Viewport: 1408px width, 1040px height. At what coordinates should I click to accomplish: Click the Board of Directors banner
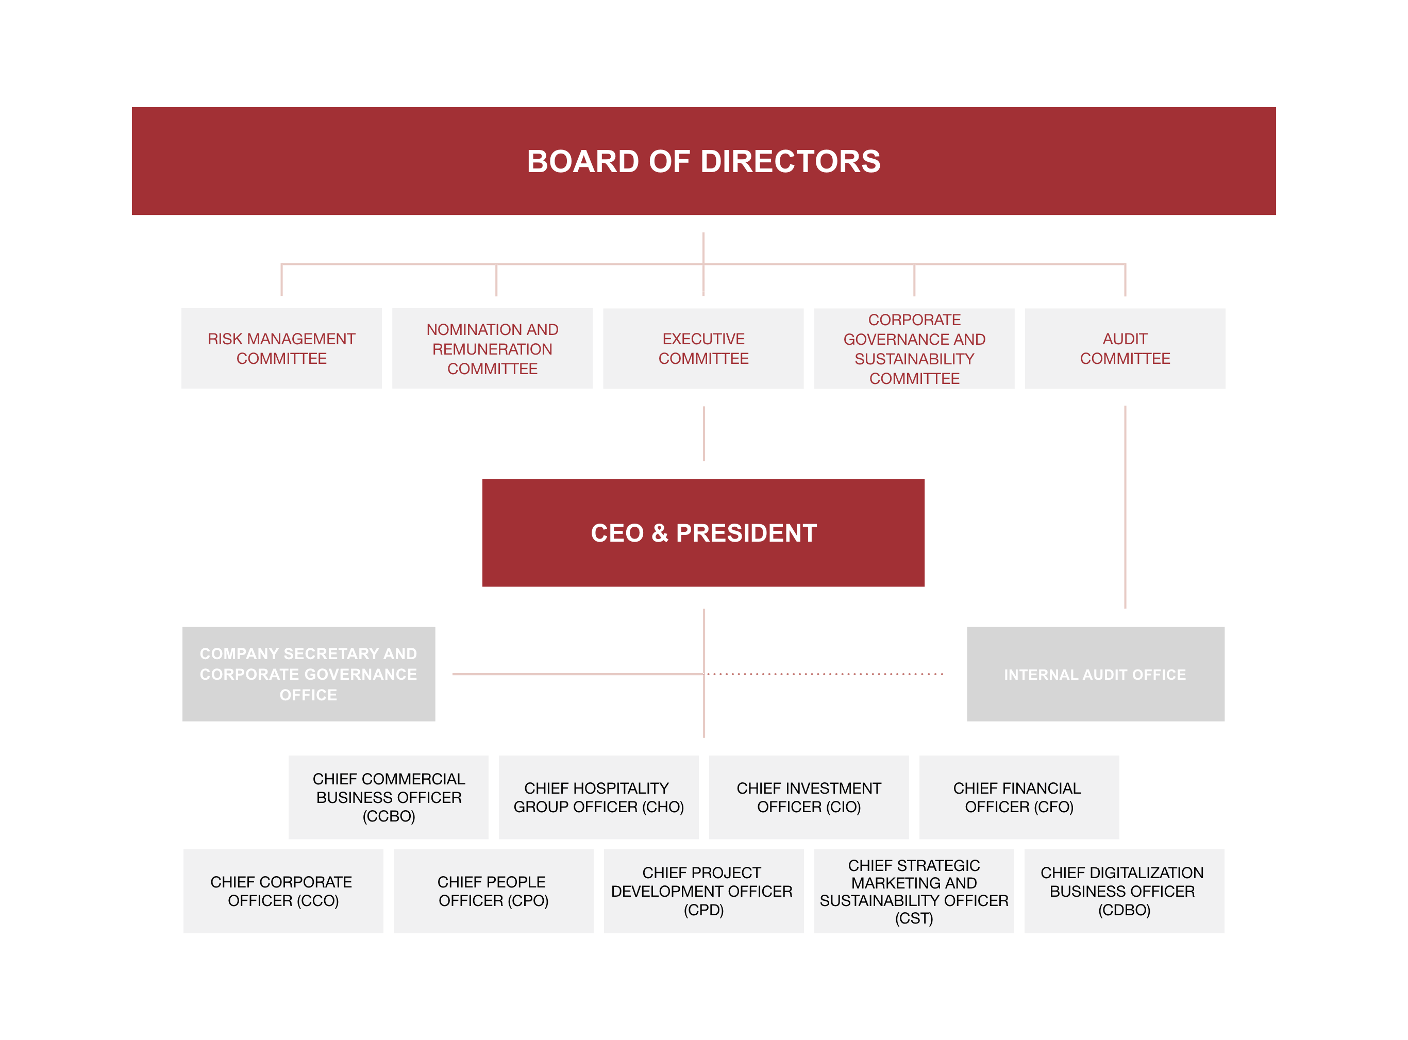703,161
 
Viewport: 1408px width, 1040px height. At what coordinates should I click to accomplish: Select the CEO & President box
703,532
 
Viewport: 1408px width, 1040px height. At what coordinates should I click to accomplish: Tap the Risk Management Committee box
281,348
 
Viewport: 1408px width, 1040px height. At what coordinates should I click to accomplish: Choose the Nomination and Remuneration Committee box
492,348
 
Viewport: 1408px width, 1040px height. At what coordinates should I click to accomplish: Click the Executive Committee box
703,348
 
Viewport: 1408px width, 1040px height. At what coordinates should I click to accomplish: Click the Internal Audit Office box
1096,674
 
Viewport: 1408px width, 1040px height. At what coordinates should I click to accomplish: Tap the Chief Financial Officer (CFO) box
1019,797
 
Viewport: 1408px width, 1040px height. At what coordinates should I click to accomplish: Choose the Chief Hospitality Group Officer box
598,797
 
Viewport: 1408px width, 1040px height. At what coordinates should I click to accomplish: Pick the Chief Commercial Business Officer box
389,797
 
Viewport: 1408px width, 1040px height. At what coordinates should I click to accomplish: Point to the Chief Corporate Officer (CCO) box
283,891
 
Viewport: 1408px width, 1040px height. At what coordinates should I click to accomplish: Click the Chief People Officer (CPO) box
493,891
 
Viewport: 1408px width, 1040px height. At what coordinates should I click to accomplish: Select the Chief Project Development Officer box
703,891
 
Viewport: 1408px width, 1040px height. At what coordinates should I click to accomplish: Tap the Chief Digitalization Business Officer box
1124,891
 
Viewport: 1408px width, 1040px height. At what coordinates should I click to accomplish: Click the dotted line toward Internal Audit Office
825,674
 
